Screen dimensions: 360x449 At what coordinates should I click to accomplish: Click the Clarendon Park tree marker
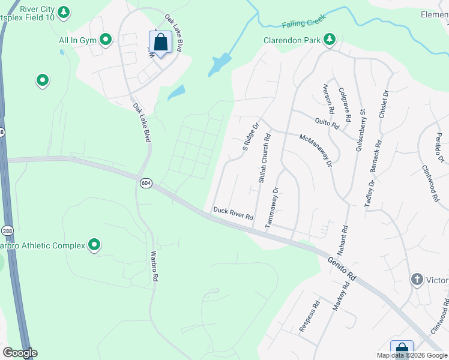point(329,40)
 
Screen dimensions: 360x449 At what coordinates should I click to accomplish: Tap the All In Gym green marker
point(106,40)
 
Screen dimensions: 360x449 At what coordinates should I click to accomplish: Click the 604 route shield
point(145,182)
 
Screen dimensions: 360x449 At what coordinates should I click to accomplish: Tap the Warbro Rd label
point(154,266)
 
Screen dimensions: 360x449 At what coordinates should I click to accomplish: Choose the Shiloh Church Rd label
point(264,158)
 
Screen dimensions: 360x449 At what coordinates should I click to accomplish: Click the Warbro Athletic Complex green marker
point(94,245)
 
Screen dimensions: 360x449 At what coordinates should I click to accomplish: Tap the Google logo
point(20,353)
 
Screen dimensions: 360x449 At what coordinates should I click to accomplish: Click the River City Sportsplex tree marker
point(64,12)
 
